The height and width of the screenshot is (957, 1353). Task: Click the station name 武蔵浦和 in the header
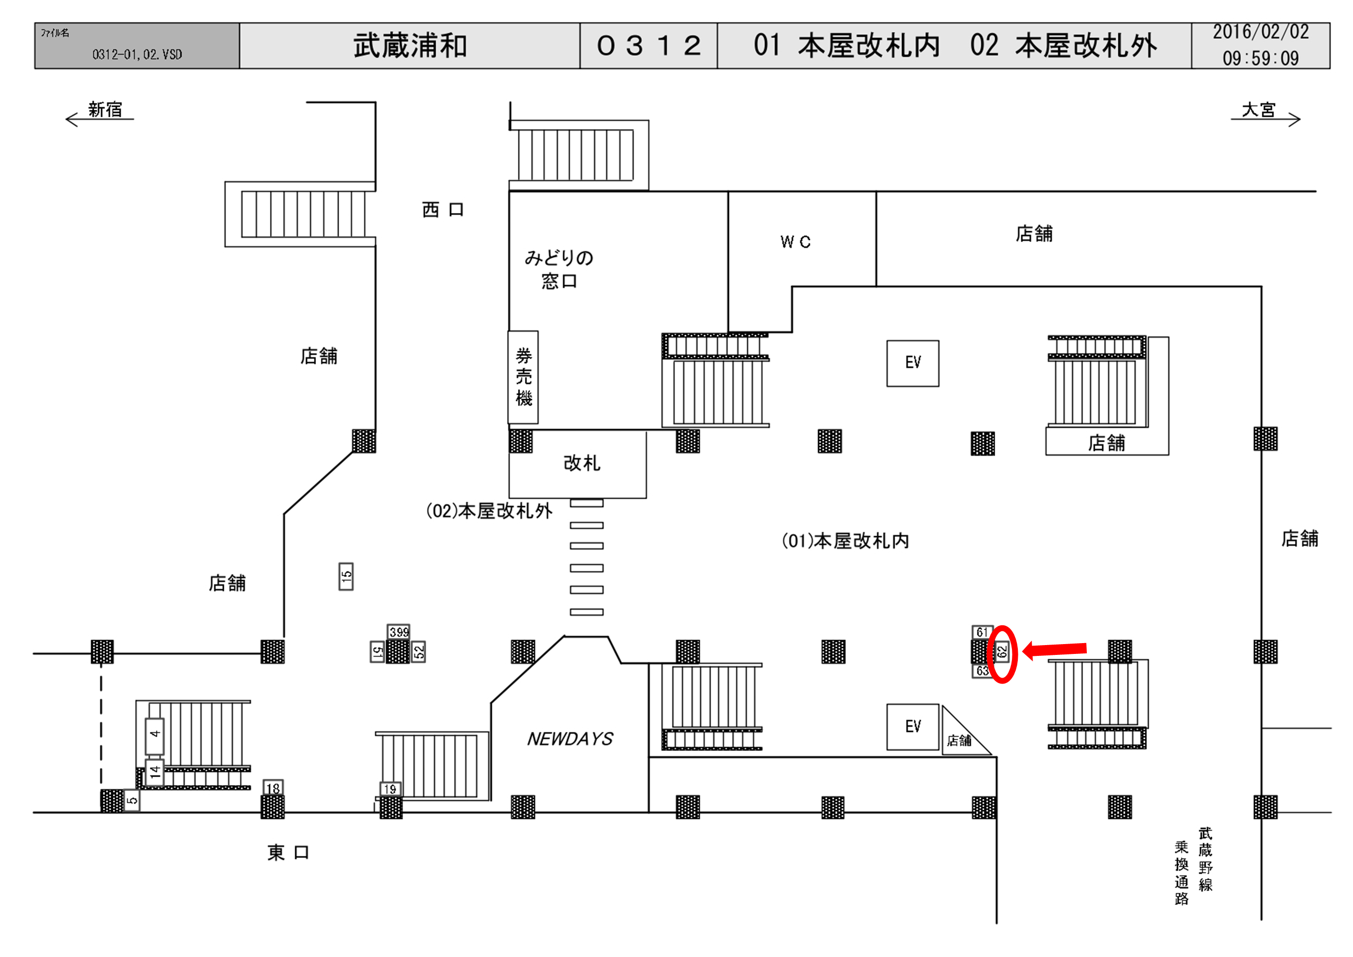tap(410, 46)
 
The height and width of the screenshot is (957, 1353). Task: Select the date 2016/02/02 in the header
tap(1260, 33)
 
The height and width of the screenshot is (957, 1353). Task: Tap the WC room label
tap(796, 241)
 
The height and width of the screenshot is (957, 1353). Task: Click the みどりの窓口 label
tap(558, 269)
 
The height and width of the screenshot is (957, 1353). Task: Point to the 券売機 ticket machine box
tap(523, 377)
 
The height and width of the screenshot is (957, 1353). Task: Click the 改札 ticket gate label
tap(582, 463)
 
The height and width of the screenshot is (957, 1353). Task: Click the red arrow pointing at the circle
tap(1055, 649)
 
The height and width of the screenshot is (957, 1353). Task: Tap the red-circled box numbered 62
tap(1002, 652)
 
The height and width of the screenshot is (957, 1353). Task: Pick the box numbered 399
tap(399, 632)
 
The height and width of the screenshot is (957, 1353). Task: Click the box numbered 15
tap(346, 577)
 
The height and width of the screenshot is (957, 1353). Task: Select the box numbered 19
tap(390, 789)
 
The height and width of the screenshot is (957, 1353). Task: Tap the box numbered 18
tap(273, 788)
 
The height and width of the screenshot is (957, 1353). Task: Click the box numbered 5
tap(132, 800)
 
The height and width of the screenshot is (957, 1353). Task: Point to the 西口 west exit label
tap(443, 210)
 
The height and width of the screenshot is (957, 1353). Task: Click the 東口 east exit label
tap(288, 852)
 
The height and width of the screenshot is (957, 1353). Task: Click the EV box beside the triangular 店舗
tap(913, 726)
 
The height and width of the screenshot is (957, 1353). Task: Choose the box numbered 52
tap(418, 652)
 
